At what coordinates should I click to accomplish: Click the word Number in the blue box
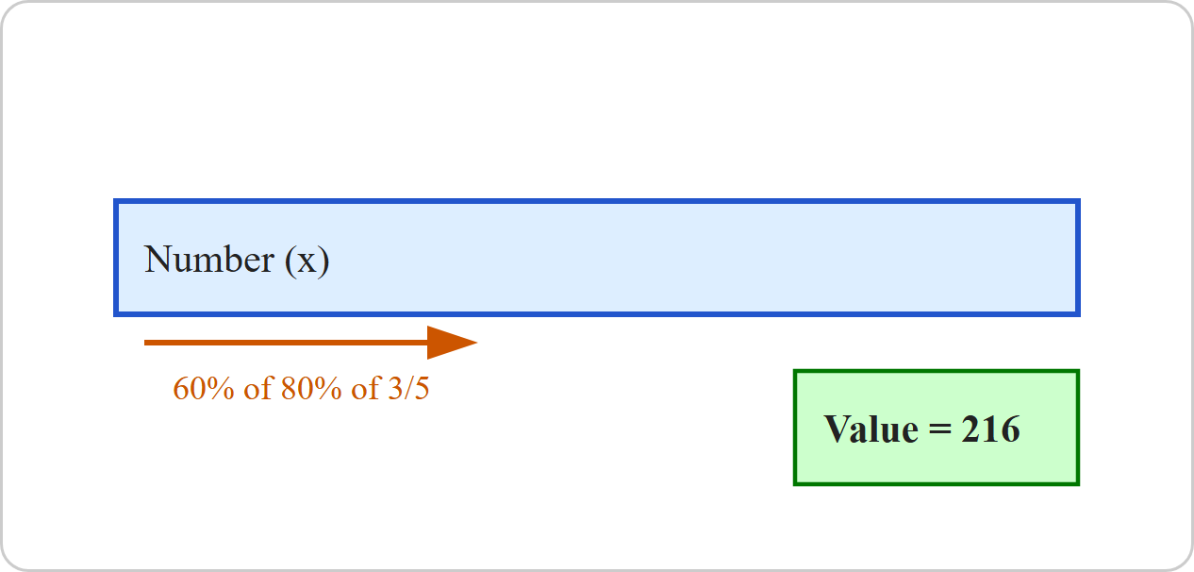click(x=209, y=260)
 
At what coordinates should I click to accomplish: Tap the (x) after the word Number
click(x=307, y=261)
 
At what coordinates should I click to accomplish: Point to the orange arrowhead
click(x=452, y=343)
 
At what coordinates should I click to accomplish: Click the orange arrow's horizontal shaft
click(x=287, y=343)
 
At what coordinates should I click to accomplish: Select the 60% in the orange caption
click(x=204, y=388)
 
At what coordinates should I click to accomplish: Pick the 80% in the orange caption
click(x=311, y=388)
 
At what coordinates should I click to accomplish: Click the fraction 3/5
click(x=408, y=388)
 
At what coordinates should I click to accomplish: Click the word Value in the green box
click(x=871, y=429)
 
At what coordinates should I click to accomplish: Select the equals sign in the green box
click(x=939, y=430)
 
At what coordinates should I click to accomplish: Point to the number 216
click(x=990, y=429)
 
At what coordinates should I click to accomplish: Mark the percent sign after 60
click(x=220, y=388)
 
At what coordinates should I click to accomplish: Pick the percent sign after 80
click(x=327, y=388)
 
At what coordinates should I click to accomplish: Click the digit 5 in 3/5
click(x=422, y=389)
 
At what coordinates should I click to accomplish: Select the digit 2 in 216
click(x=970, y=429)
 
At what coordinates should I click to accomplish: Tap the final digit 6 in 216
click(x=1010, y=429)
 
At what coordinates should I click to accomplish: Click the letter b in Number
click(x=234, y=260)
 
